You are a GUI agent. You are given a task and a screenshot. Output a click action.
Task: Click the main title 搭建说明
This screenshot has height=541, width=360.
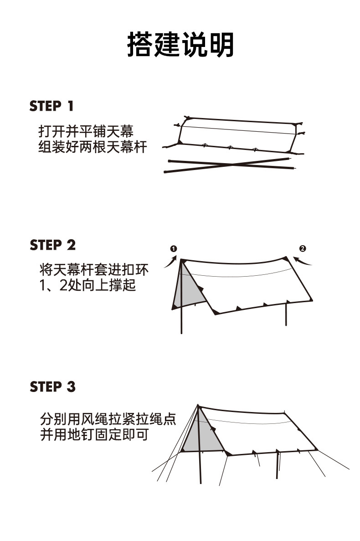pyautogui.click(x=180, y=44)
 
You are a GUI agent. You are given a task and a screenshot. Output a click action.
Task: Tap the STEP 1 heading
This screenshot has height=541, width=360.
pyautogui.click(x=51, y=106)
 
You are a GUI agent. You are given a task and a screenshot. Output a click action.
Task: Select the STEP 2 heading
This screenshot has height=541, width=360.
pyautogui.click(x=52, y=245)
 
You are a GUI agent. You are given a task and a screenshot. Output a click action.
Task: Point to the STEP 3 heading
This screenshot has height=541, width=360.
pyautogui.click(x=52, y=387)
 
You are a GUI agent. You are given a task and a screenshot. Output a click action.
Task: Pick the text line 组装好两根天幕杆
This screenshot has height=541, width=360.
pyautogui.click(x=93, y=147)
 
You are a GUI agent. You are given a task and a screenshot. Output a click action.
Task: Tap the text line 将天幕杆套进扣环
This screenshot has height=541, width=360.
pyautogui.click(x=94, y=270)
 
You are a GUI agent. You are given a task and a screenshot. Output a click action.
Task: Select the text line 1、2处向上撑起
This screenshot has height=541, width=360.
pyautogui.click(x=87, y=286)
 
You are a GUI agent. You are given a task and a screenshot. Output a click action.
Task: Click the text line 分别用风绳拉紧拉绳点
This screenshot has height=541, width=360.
pyautogui.click(x=108, y=419)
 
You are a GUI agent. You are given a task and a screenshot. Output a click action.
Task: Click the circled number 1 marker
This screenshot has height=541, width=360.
pyautogui.click(x=173, y=248)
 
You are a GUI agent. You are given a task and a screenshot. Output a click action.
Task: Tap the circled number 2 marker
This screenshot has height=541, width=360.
pyautogui.click(x=303, y=248)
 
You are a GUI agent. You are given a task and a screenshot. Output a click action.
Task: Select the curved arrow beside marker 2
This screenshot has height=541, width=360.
pyautogui.click(x=303, y=261)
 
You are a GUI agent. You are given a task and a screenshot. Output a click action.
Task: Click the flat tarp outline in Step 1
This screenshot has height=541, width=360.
pyautogui.click(x=237, y=134)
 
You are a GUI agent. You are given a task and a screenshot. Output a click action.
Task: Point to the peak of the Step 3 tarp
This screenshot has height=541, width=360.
pyautogui.click(x=198, y=405)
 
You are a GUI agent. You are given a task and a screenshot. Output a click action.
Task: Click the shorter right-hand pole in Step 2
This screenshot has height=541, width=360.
pyautogui.click(x=286, y=314)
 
